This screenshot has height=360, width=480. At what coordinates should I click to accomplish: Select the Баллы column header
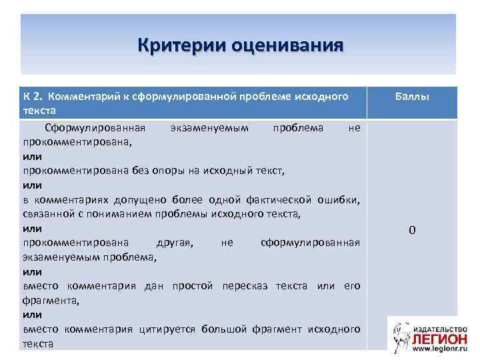tap(412, 97)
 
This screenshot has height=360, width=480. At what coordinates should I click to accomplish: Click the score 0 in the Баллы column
tap(412, 231)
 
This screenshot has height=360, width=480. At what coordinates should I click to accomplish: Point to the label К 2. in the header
tap(33, 97)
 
